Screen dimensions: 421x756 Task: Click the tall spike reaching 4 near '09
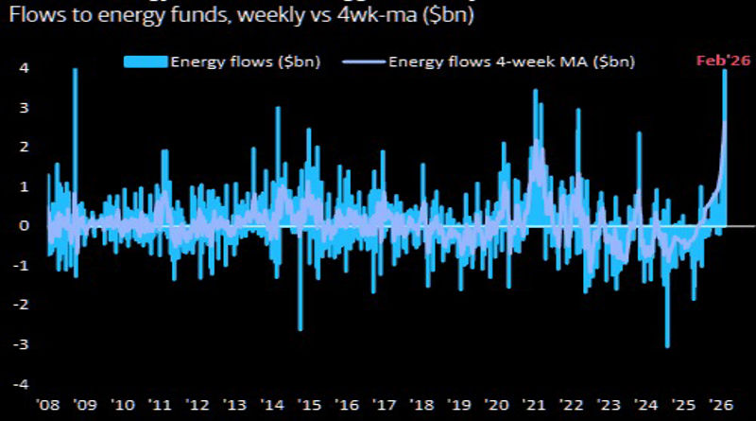pos(76,72)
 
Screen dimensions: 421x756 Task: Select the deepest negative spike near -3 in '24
pos(667,344)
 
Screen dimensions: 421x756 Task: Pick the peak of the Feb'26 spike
pos(725,72)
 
